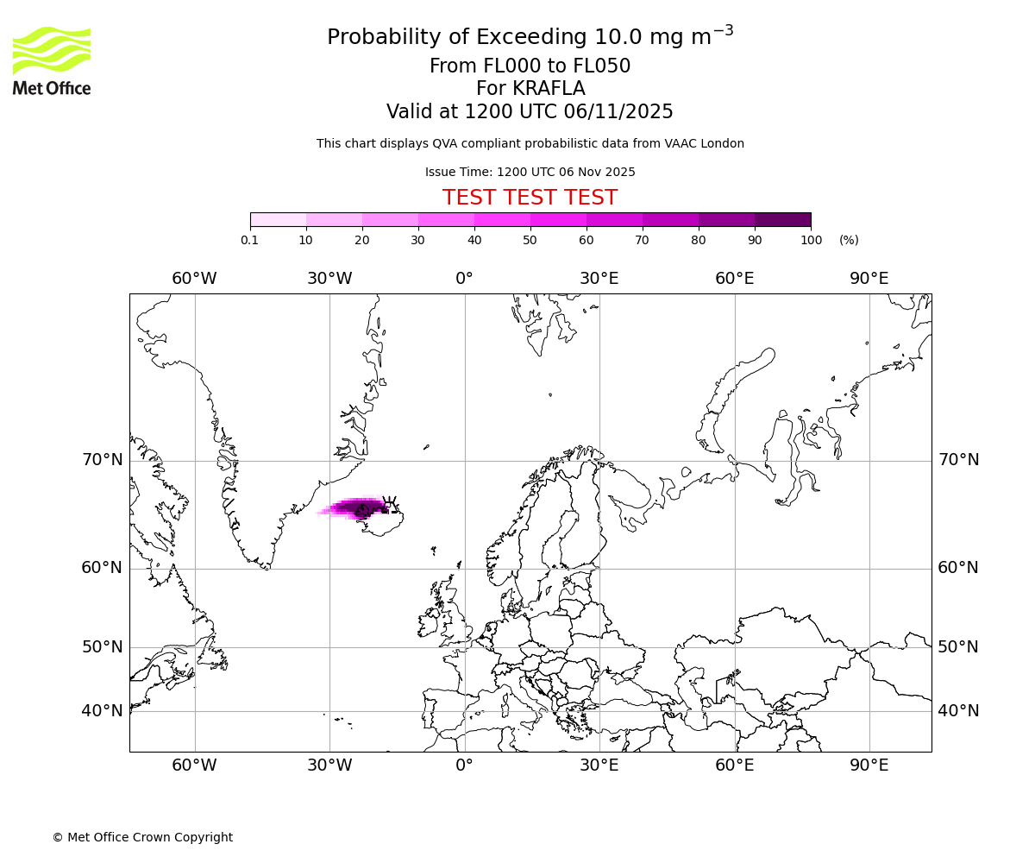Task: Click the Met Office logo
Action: coord(52,60)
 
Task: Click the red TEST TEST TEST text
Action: coord(530,198)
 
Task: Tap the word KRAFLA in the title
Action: coord(549,89)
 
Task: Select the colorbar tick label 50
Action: coord(530,240)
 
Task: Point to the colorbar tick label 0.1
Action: coord(250,240)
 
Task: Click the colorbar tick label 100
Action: coord(811,240)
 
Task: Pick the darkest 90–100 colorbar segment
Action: coord(782,219)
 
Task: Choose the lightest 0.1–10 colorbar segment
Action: coord(278,219)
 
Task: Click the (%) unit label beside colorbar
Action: coord(849,240)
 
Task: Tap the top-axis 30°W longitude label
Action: coord(329,278)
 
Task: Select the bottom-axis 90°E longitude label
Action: coord(869,765)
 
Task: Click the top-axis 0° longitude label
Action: coord(464,278)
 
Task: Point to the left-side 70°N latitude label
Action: coord(103,460)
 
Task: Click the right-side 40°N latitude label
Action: coord(958,711)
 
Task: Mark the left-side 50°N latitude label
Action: coord(103,647)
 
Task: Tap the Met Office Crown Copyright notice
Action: coord(142,837)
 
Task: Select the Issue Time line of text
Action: coord(530,172)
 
